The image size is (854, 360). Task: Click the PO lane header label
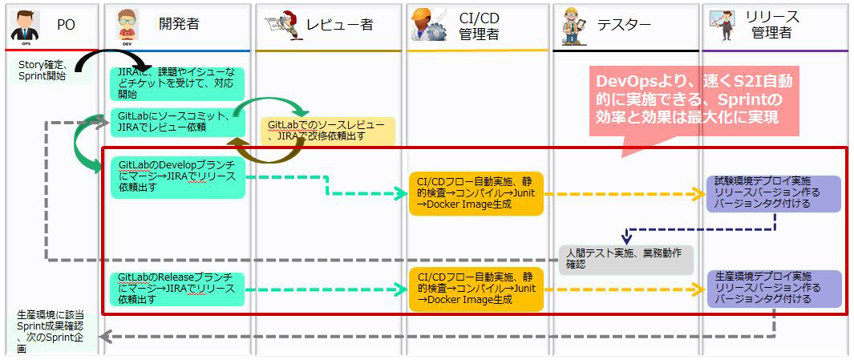pyautogui.click(x=66, y=25)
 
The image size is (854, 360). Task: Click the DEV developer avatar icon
pyautogui.click(x=127, y=27)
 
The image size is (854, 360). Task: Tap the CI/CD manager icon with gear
pyautogui.click(x=429, y=26)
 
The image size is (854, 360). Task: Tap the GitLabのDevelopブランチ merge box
pyautogui.click(x=177, y=177)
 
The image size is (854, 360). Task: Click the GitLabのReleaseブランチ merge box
pyautogui.click(x=177, y=289)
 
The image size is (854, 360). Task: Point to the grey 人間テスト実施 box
pyautogui.click(x=626, y=259)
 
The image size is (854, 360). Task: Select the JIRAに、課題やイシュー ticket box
pyautogui.click(x=177, y=83)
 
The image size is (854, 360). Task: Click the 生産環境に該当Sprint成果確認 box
pyautogui.click(x=55, y=332)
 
